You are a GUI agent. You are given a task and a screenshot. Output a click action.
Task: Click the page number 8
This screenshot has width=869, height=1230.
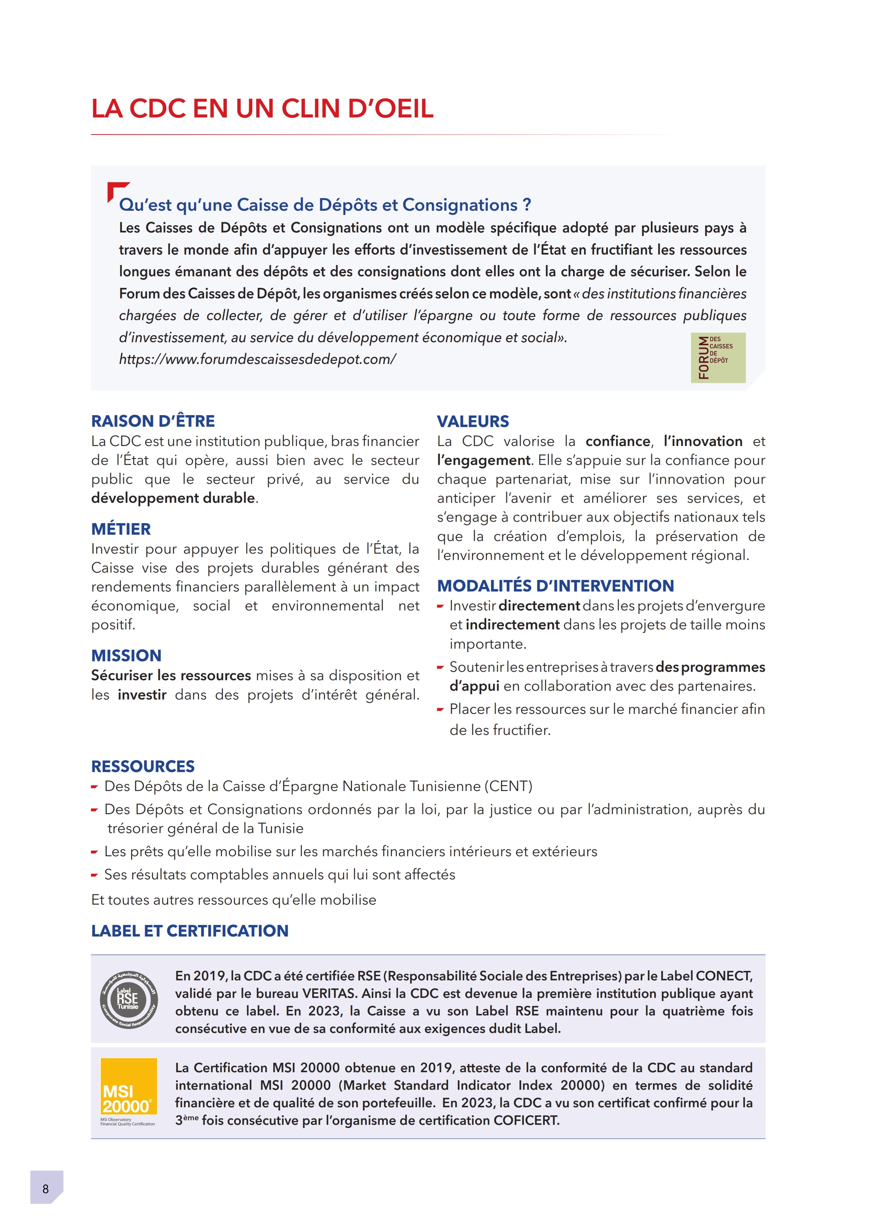click(46, 1189)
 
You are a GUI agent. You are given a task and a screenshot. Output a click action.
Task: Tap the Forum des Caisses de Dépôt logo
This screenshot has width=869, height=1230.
click(718, 357)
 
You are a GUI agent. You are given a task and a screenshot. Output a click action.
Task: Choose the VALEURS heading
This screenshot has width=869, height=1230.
click(473, 421)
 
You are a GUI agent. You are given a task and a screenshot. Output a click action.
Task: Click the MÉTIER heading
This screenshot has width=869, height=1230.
click(121, 529)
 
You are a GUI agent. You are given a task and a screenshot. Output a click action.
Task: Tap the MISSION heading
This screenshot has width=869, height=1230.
click(126, 656)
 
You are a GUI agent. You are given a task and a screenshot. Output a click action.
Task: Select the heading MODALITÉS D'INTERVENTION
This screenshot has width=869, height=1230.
click(555, 586)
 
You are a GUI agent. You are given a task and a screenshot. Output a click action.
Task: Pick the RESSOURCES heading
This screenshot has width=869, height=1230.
click(143, 766)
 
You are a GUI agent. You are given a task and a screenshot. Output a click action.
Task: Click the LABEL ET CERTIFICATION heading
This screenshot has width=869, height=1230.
click(190, 931)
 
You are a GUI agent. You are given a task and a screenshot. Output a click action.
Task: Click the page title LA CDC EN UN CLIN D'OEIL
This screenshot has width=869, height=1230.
click(262, 109)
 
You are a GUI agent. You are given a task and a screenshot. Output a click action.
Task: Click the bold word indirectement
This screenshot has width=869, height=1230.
click(512, 625)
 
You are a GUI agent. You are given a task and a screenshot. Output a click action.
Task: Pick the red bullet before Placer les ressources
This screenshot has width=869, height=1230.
click(440, 710)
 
